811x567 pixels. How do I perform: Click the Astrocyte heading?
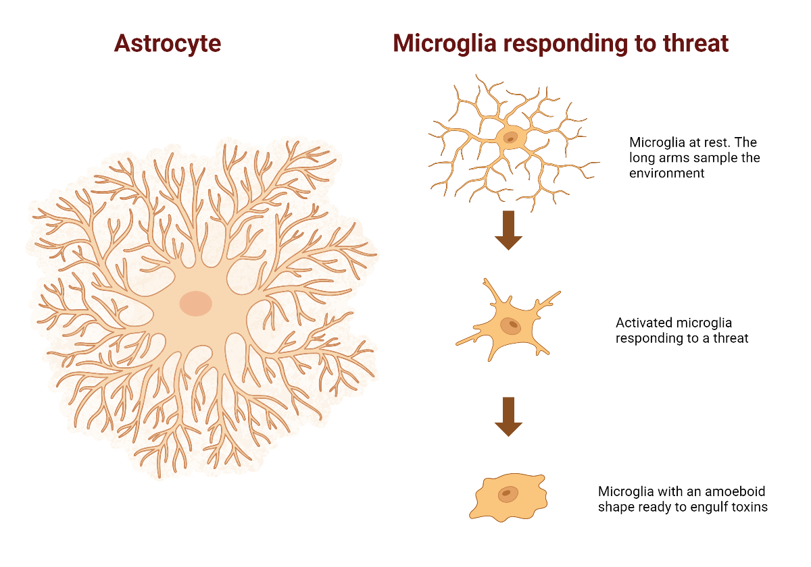168,44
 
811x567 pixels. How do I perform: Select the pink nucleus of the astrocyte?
196,303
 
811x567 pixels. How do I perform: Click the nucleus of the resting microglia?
510,138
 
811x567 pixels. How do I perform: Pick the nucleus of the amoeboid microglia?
507,494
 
